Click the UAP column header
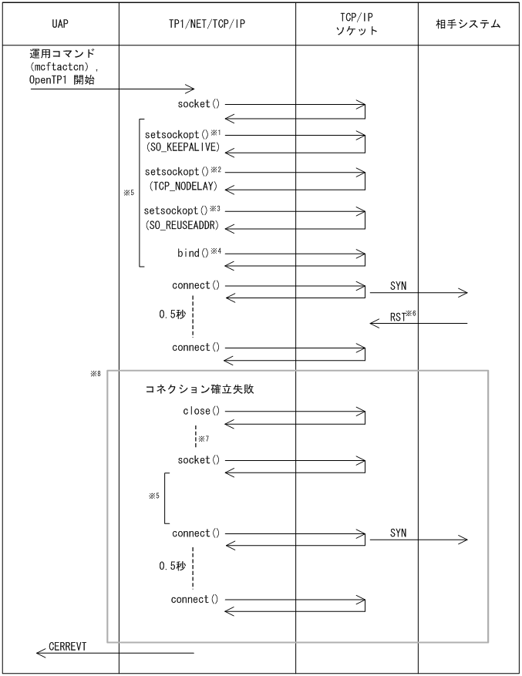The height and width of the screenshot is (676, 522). [x=59, y=24]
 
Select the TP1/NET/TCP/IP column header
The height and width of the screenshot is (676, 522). [x=207, y=24]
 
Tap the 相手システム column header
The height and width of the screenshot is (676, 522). [x=469, y=24]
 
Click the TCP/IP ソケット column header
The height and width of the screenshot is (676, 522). [x=357, y=24]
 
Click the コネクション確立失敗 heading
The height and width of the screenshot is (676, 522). [x=200, y=389]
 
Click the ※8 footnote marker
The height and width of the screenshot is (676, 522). [x=96, y=374]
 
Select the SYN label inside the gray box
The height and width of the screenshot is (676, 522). [x=398, y=533]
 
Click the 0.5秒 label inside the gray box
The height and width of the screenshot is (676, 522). [x=172, y=566]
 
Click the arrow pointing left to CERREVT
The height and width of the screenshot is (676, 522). [x=116, y=654]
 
